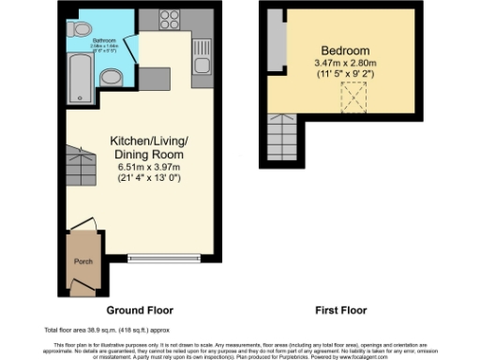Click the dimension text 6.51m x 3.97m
point(151,166)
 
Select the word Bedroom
point(346,50)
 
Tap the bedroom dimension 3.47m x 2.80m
point(346,64)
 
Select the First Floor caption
point(341,309)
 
